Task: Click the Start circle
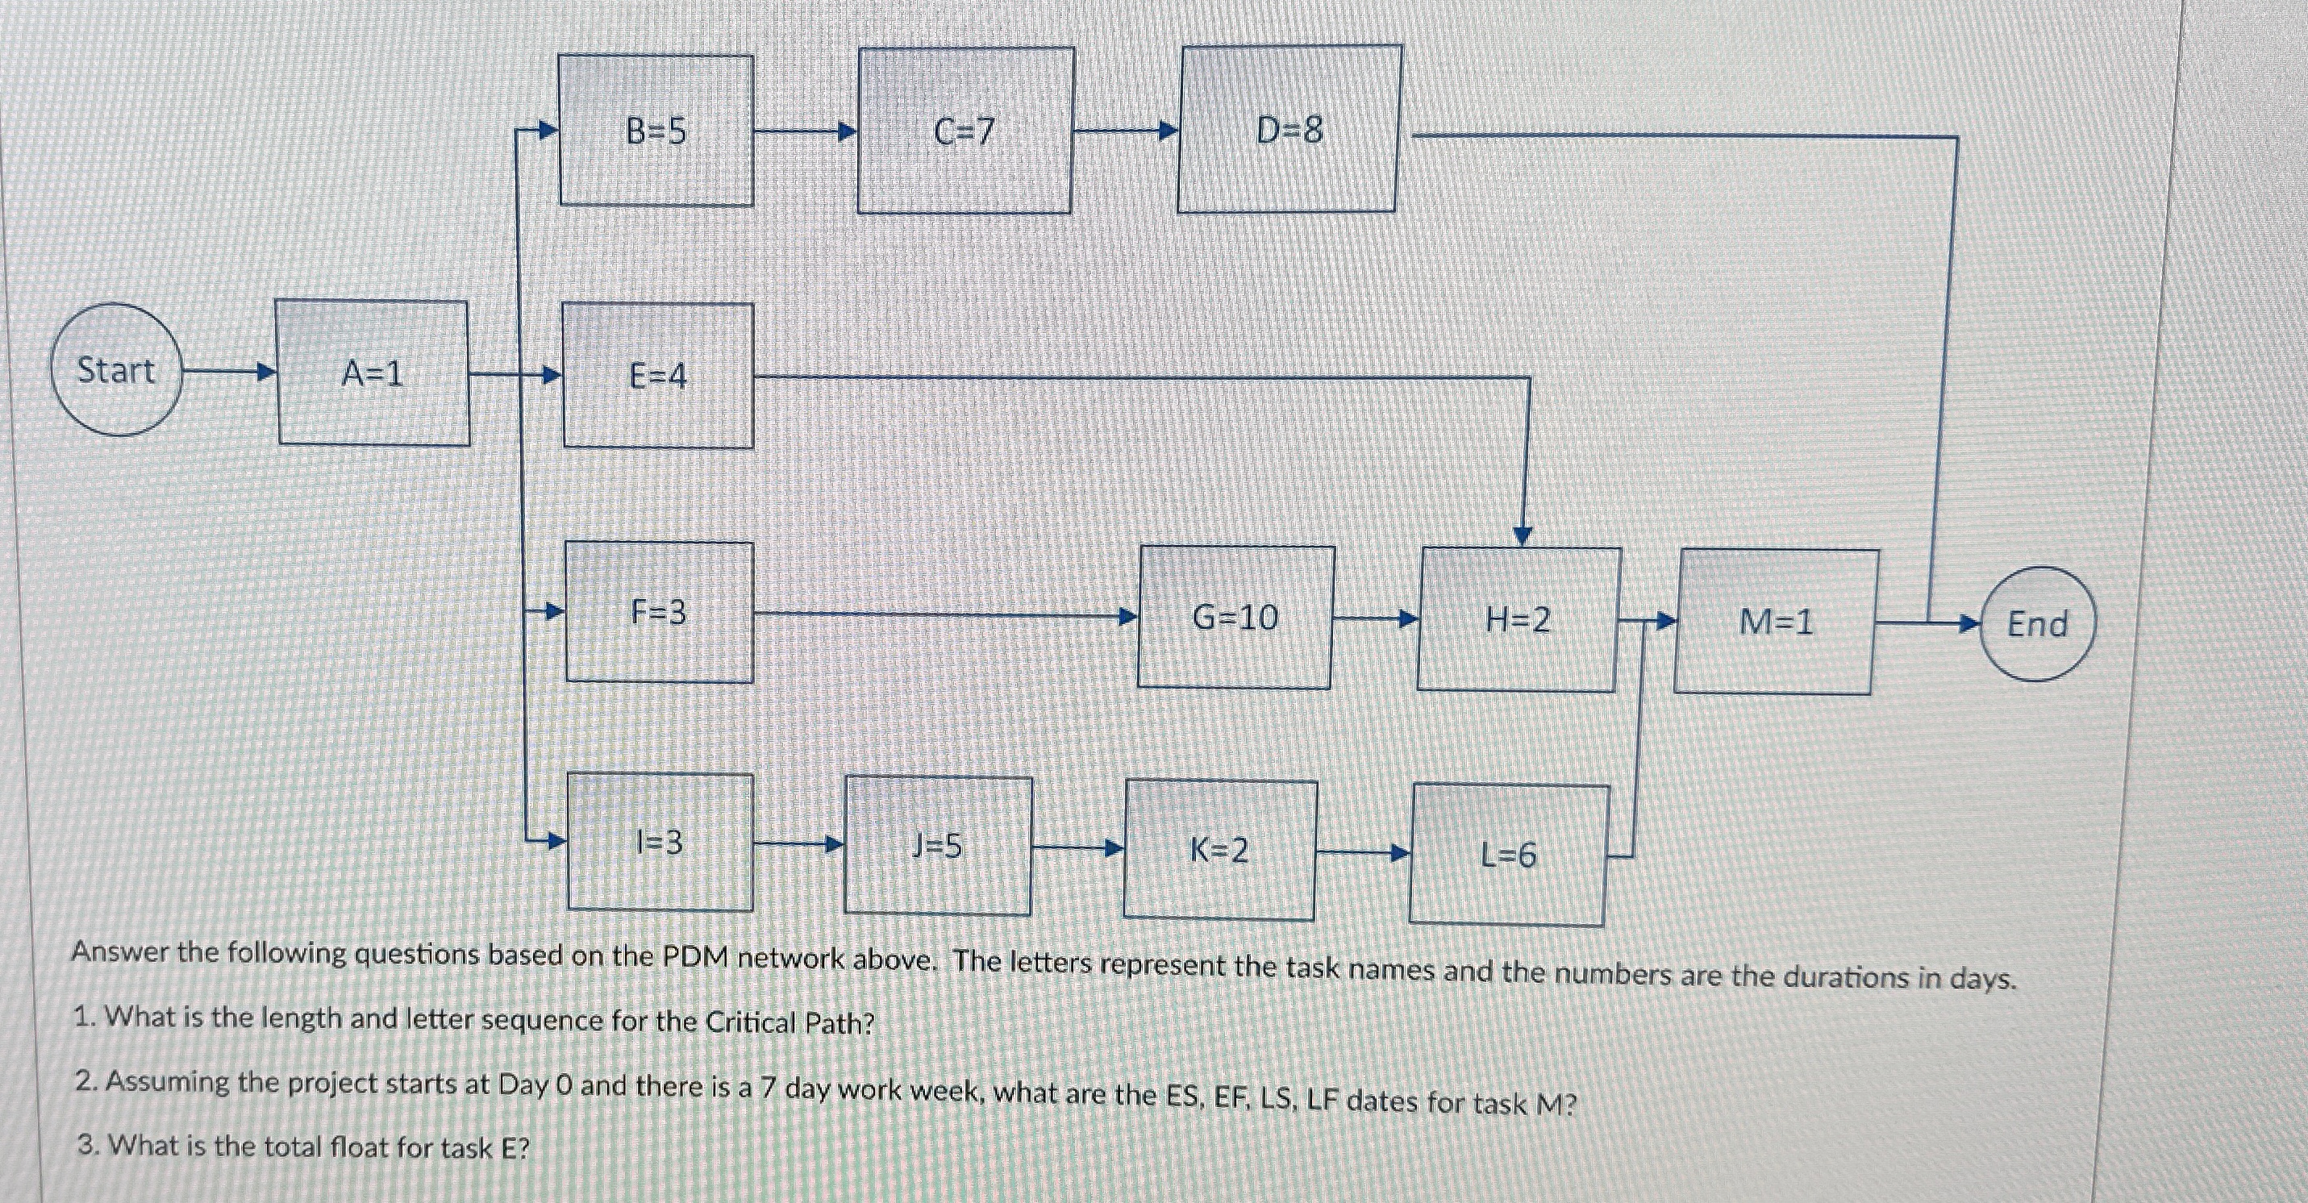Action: click(116, 370)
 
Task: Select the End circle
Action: click(2036, 623)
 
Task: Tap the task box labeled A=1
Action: click(373, 373)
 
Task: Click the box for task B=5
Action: click(656, 131)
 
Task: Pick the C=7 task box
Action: click(964, 131)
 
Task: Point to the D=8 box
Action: click(1289, 129)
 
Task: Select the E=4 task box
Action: click(657, 375)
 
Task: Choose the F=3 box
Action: click(659, 612)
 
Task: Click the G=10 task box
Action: click(1235, 617)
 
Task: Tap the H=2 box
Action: click(1518, 619)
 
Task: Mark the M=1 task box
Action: click(1775, 622)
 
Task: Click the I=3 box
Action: click(660, 842)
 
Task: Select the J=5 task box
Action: click(937, 846)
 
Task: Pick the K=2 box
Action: click(1219, 849)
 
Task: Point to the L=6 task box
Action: click(1508, 855)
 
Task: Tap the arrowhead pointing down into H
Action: click(1523, 535)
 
